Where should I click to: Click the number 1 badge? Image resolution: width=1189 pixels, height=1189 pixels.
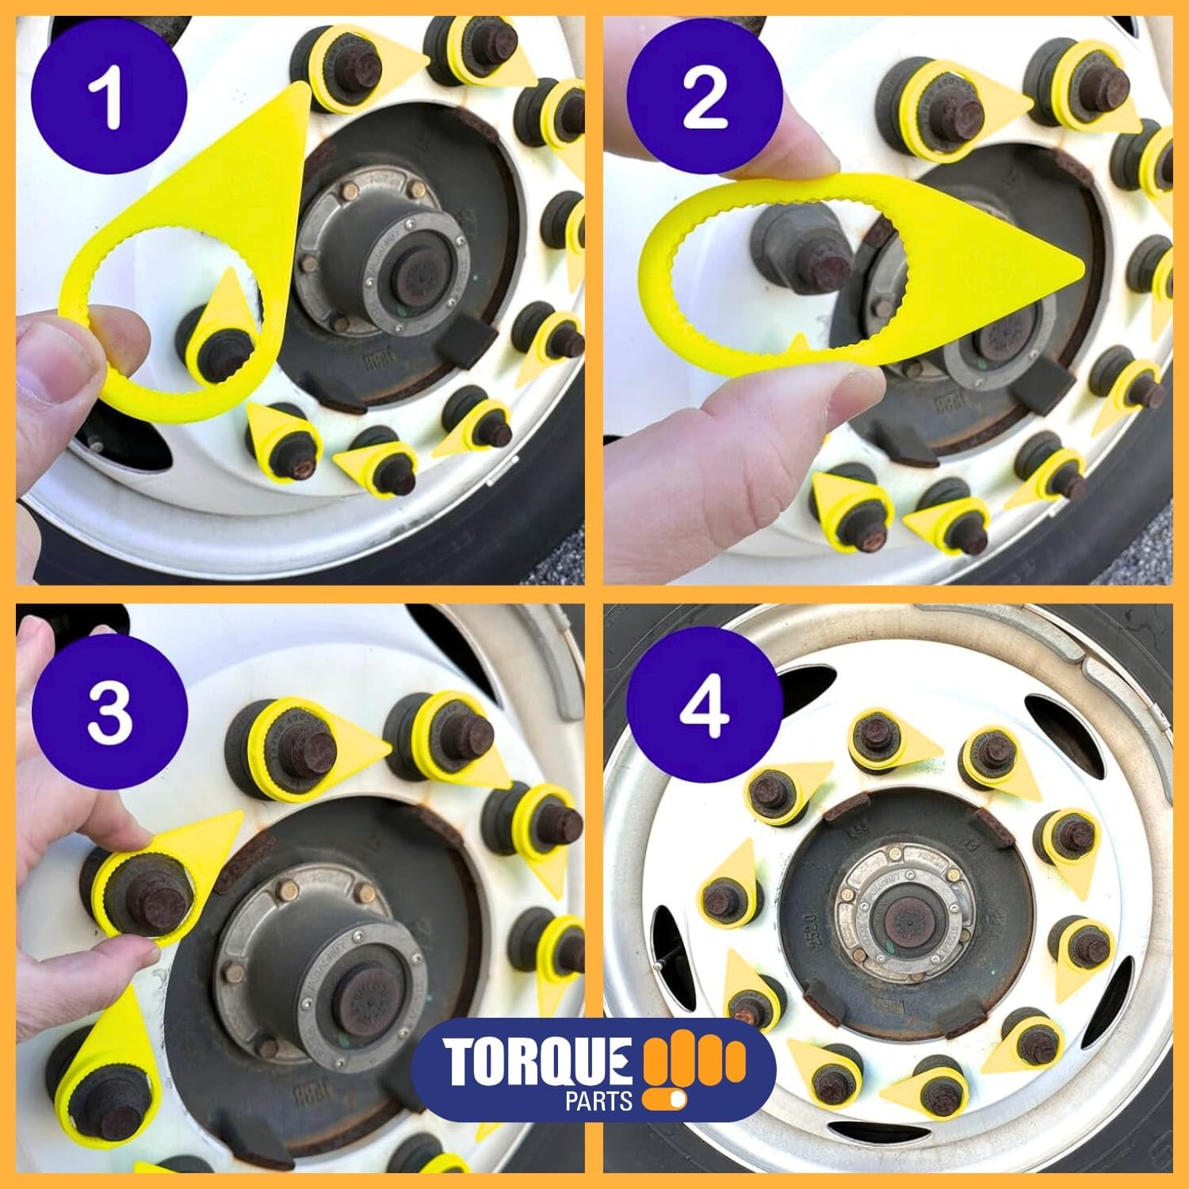click(x=109, y=99)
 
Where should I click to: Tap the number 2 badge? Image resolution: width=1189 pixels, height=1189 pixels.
click(x=704, y=99)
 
